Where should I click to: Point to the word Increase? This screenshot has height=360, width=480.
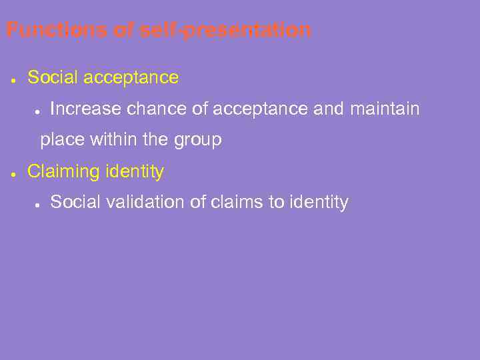point(85,109)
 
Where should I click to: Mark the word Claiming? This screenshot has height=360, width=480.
point(63,172)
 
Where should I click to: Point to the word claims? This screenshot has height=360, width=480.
point(237,202)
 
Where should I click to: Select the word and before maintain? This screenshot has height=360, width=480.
point(328,109)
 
